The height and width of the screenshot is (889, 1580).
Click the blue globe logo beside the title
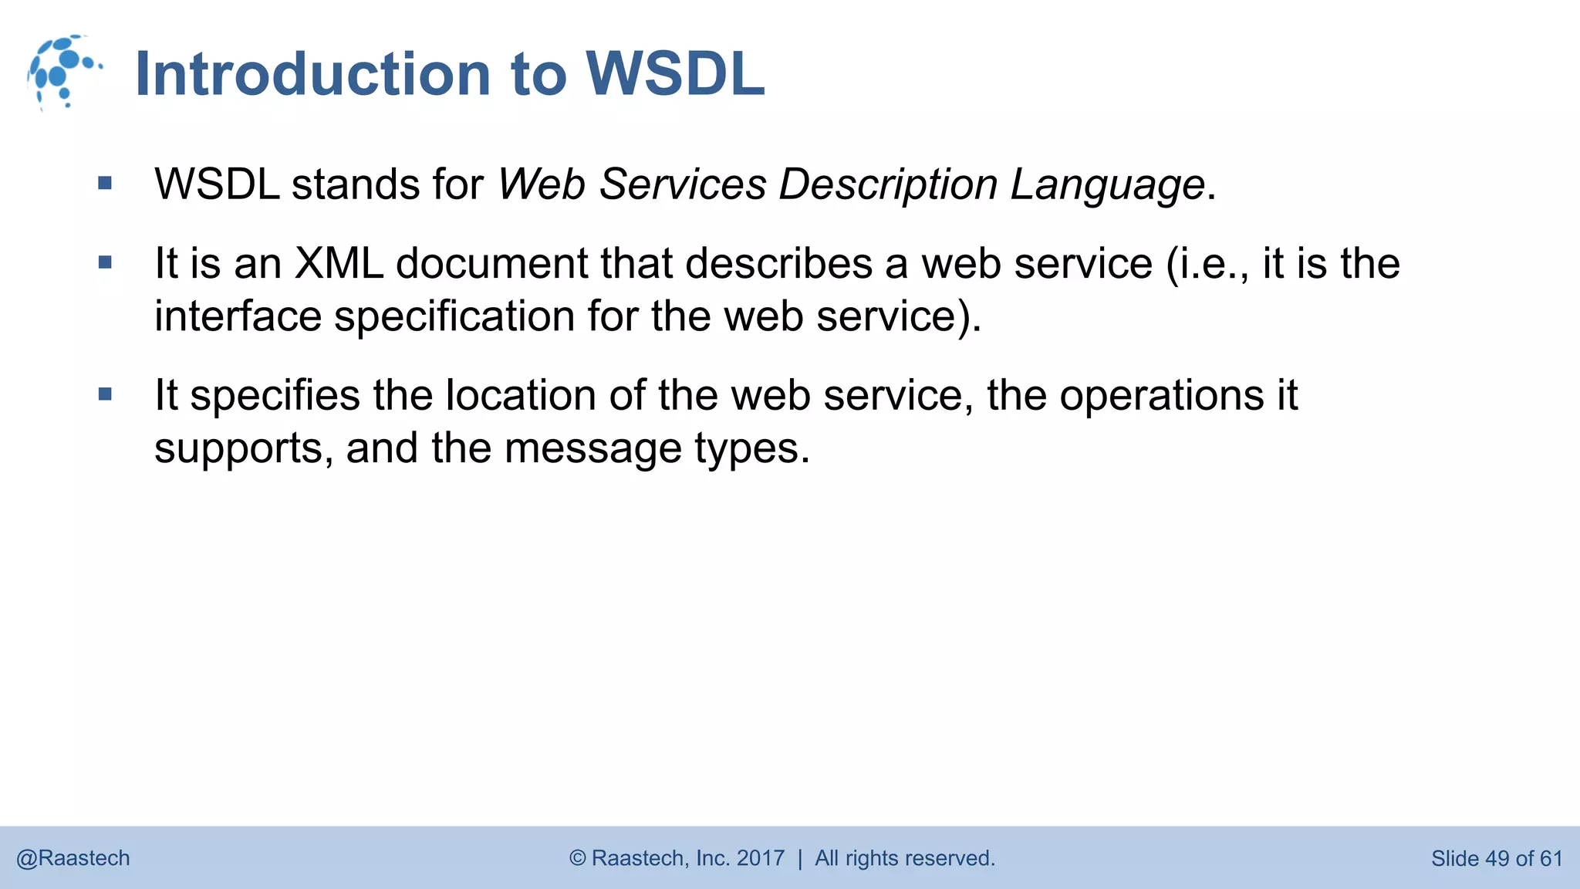coord(63,72)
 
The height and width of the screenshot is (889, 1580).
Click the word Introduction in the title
coord(312,75)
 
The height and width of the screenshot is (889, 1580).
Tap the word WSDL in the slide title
coord(675,75)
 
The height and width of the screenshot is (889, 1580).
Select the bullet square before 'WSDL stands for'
coord(106,184)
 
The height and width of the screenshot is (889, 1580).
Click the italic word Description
coord(888,185)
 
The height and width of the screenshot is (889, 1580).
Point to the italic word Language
coord(1107,185)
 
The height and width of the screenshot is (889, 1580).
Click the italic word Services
coord(682,185)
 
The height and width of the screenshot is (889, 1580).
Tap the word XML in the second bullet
coord(339,263)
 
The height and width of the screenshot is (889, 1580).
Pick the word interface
coord(238,316)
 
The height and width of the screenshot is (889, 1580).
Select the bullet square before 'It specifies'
coord(106,394)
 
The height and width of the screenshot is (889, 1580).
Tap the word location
coord(520,395)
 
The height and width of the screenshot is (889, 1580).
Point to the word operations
coord(1161,395)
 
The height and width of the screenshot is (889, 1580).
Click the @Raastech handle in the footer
coord(73,858)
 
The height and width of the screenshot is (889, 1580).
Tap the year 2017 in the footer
coord(760,858)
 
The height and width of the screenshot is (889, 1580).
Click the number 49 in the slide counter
coord(1496,858)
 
